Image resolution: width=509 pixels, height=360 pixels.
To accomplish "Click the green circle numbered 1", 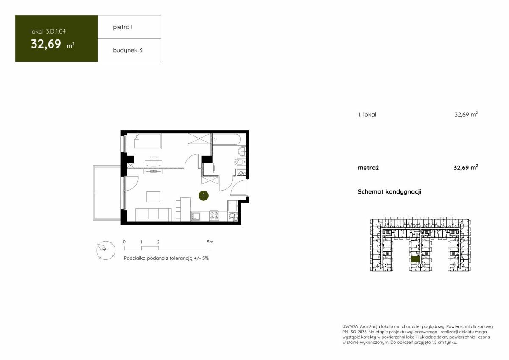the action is (203, 196).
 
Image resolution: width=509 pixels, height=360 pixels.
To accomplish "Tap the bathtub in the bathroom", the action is (227, 139).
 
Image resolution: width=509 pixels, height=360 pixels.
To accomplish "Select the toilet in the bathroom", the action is (239, 162).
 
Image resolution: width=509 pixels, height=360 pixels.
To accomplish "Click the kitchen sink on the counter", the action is (196, 216).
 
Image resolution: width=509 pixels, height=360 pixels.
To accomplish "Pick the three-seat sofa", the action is (154, 214).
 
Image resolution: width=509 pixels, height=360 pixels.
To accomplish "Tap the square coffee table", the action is (153, 197).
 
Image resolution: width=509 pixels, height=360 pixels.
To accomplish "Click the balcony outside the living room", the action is (107, 193).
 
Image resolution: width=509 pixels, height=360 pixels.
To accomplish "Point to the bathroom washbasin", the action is (241, 151).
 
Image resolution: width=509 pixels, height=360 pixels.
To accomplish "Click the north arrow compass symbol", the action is (106, 250).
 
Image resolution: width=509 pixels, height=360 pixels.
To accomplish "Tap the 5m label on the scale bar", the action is (210, 242).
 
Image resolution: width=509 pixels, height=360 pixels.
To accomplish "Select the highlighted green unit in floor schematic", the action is (415, 259).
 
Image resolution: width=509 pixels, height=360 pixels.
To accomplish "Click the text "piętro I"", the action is (123, 27).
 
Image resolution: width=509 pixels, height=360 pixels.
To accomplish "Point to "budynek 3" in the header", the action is (128, 50).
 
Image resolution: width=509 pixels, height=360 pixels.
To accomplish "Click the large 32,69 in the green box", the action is (46, 44).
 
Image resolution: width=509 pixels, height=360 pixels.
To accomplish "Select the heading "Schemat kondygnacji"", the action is (389, 192).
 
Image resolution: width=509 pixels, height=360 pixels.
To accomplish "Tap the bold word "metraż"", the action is (368, 168).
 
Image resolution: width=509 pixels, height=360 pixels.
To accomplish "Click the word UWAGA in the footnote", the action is (350, 326).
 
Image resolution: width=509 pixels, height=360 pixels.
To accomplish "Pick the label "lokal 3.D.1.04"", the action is (48, 31).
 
